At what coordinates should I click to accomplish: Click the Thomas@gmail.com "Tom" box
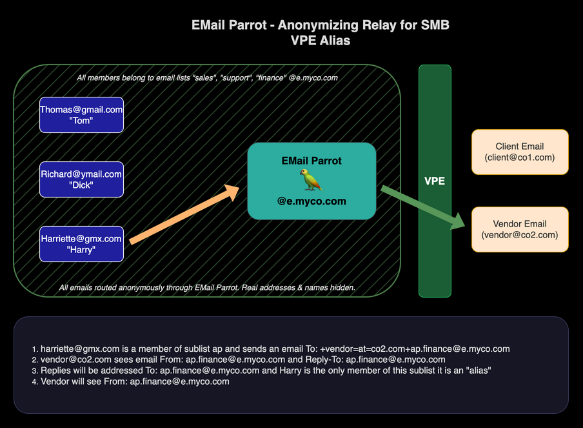[81, 115]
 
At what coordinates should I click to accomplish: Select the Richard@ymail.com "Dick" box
[81, 179]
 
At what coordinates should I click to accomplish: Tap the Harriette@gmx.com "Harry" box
[81, 244]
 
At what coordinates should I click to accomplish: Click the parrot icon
[311, 180]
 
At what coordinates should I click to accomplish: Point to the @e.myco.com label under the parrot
[311, 201]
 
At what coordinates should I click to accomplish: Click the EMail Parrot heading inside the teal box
[311, 160]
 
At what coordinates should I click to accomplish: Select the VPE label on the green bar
[434, 181]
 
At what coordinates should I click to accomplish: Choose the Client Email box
[520, 152]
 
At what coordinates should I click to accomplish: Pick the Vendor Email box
[520, 229]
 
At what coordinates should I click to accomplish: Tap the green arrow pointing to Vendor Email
[423, 207]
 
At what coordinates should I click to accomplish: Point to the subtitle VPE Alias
[321, 40]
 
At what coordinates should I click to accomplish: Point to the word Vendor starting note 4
[55, 382]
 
